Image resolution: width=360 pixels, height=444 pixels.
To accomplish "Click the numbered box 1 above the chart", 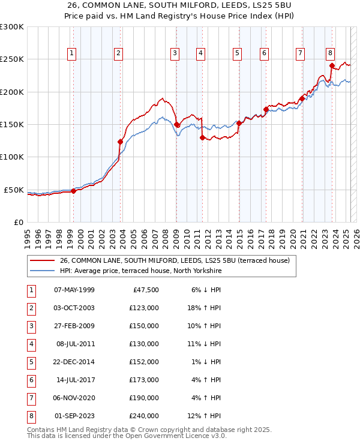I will (x=72, y=53).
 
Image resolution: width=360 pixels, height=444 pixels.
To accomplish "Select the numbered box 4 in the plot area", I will (x=200, y=53).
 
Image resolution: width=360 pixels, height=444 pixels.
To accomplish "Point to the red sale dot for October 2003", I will (x=120, y=142).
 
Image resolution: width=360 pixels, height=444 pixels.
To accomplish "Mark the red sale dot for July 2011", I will (x=202, y=137).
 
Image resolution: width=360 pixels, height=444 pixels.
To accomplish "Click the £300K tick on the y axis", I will (x=12, y=27).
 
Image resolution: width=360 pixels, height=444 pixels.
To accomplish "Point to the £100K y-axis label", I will (x=12, y=157).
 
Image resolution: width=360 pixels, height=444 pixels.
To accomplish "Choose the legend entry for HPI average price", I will (x=141, y=271).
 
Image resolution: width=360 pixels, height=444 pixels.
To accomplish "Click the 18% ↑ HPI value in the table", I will (x=204, y=308).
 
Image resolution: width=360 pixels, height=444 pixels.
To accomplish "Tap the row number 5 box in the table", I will (x=31, y=362).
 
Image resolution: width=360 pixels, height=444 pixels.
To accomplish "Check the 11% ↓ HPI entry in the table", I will (x=204, y=344).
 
